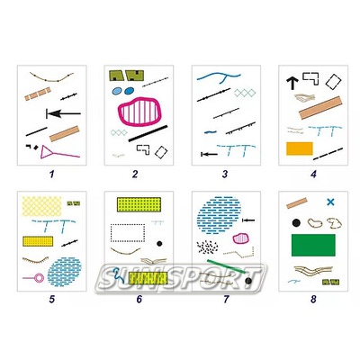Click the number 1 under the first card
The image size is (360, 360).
coord(52,174)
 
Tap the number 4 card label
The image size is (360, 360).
coord(313,174)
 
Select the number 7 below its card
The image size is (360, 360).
coord(226,299)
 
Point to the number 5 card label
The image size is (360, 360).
coord(52,299)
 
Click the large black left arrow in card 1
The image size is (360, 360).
coord(64,113)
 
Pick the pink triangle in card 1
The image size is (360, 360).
coord(46,151)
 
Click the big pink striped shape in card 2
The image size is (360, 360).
coord(139,112)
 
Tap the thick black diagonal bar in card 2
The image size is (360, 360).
coord(148,133)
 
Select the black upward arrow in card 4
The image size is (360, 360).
coord(292,84)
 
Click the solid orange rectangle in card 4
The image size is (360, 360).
coord(300,148)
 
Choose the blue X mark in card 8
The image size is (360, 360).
coord(330,202)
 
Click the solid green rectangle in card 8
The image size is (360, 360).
coord(313,245)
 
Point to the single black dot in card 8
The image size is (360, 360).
coord(296,223)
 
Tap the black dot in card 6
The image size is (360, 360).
coord(159,243)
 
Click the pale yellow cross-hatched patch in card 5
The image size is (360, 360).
coord(42,206)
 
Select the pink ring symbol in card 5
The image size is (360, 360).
coord(39,278)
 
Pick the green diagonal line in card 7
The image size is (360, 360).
coord(227,266)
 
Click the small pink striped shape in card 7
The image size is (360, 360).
coord(241,238)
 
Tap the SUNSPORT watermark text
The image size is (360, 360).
coord(180,278)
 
